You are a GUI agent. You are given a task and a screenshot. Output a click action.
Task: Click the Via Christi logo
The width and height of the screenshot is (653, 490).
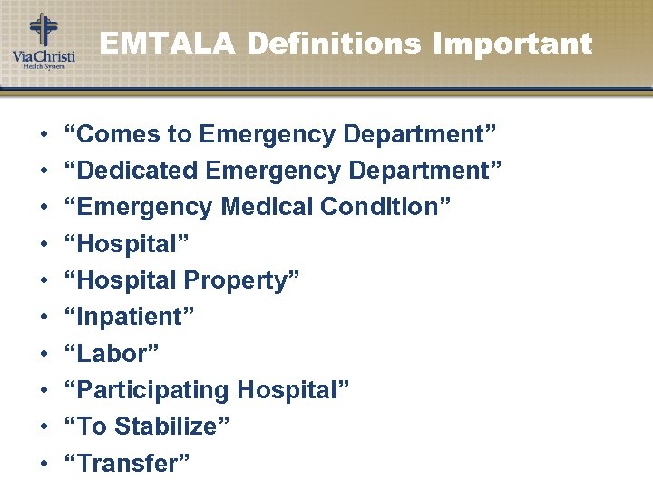point(43,41)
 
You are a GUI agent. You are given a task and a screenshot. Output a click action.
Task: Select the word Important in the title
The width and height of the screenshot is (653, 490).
point(512,43)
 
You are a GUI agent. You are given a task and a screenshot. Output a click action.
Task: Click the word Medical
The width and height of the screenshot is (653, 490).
point(265,207)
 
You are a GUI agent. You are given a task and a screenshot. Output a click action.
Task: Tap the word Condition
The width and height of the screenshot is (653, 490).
point(379,207)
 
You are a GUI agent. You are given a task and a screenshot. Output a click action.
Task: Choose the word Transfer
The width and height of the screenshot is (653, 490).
point(129,463)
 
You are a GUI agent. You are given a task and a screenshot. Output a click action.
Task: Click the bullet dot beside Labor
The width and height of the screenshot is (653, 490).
point(44,355)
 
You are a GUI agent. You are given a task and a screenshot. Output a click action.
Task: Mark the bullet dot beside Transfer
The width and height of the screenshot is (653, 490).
point(44,465)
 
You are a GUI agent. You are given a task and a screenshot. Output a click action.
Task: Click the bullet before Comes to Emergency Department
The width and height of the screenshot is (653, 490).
point(44,135)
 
